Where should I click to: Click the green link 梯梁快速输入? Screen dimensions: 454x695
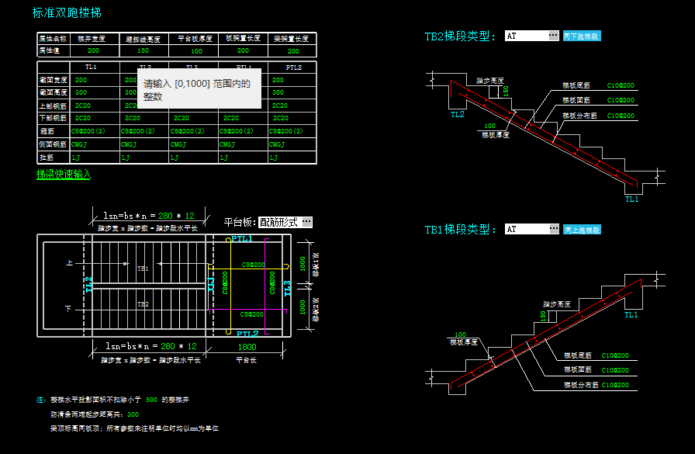coord(64,175)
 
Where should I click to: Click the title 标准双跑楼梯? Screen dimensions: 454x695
coord(66,13)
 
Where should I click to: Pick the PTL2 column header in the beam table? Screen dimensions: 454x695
coord(293,68)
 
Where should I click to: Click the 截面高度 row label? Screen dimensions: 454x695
coord(53,92)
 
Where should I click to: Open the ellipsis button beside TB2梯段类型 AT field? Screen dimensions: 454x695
coord(553,36)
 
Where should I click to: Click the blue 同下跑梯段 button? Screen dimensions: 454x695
coord(582,36)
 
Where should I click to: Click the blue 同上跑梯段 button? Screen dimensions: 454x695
coord(582,230)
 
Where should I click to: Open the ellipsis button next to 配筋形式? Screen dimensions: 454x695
coord(307,222)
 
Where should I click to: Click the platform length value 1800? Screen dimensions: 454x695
coord(247,347)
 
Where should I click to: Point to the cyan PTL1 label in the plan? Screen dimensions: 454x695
coord(242,239)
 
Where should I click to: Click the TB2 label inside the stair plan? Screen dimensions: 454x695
coord(143,304)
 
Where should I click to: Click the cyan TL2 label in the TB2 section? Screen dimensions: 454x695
coord(458,114)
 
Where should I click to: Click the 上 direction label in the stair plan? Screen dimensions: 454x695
coord(69,264)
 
